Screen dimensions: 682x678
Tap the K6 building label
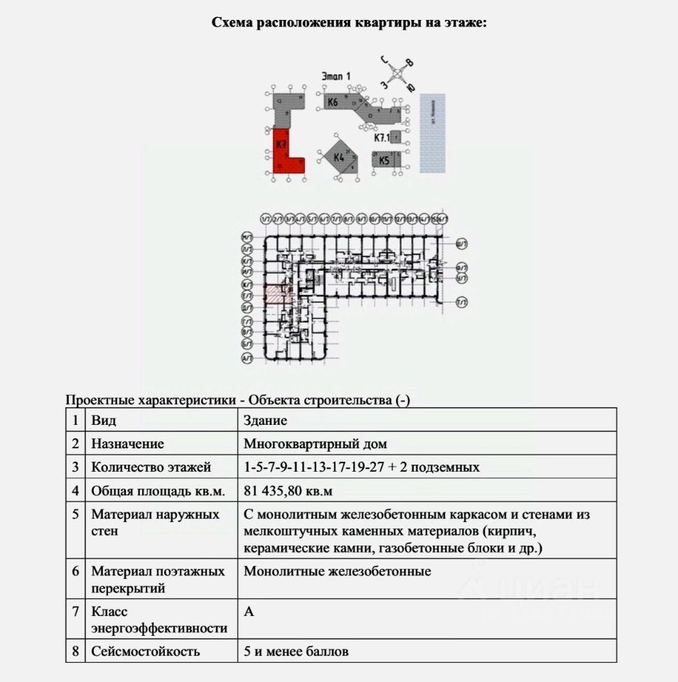tap(332, 102)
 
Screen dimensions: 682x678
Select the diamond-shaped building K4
tap(339, 157)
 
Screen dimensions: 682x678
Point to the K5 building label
tap(384, 161)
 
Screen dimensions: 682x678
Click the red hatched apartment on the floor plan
tap(274, 293)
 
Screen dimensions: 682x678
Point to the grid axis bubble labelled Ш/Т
tap(463, 244)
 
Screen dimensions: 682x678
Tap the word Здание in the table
tap(265, 421)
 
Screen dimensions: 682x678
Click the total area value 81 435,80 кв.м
tap(288, 491)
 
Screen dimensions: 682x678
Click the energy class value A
tap(249, 612)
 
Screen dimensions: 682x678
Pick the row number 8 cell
tap(75, 651)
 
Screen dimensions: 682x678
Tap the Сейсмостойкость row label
tap(145, 651)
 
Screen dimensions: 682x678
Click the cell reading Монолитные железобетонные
tap(337, 571)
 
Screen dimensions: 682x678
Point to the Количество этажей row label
tap(151, 467)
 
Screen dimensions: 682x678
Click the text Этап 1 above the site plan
tap(335, 75)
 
